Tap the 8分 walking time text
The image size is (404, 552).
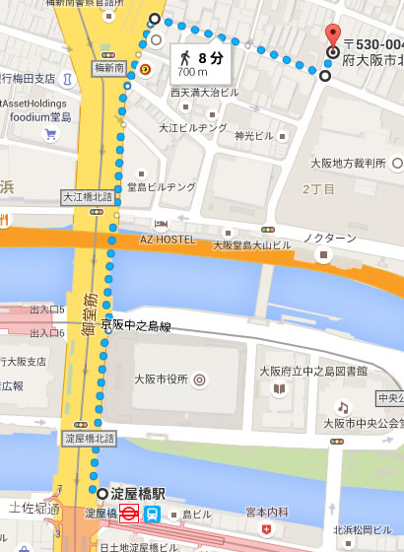tap(209, 57)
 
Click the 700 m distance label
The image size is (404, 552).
tap(192, 72)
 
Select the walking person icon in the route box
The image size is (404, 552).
tap(184, 56)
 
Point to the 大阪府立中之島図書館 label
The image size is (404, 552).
tap(313, 372)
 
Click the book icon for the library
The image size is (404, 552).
tap(280, 390)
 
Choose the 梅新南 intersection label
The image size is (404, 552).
tap(108, 69)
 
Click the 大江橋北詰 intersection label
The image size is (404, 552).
tap(88, 196)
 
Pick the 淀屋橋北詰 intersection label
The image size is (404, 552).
tap(88, 436)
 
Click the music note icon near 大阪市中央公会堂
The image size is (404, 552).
tap(343, 406)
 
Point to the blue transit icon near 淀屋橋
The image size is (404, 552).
tap(153, 514)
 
